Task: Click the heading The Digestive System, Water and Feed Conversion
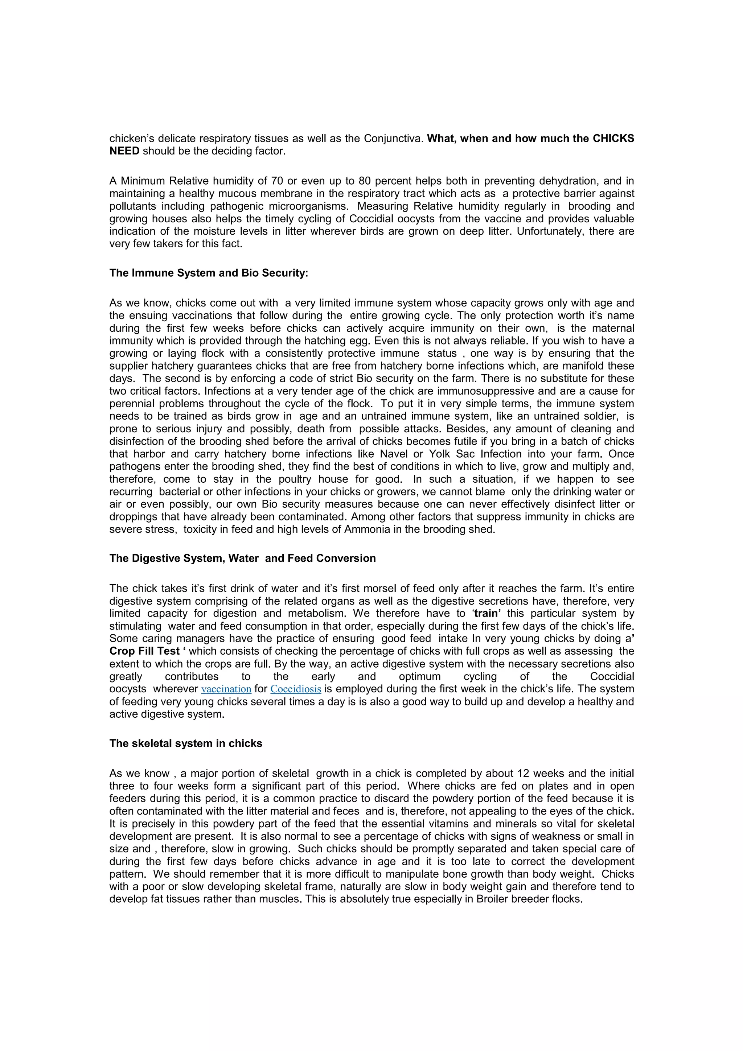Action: tap(242, 558)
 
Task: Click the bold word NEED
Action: tap(124, 151)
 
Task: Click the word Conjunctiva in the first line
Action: tap(394, 138)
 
